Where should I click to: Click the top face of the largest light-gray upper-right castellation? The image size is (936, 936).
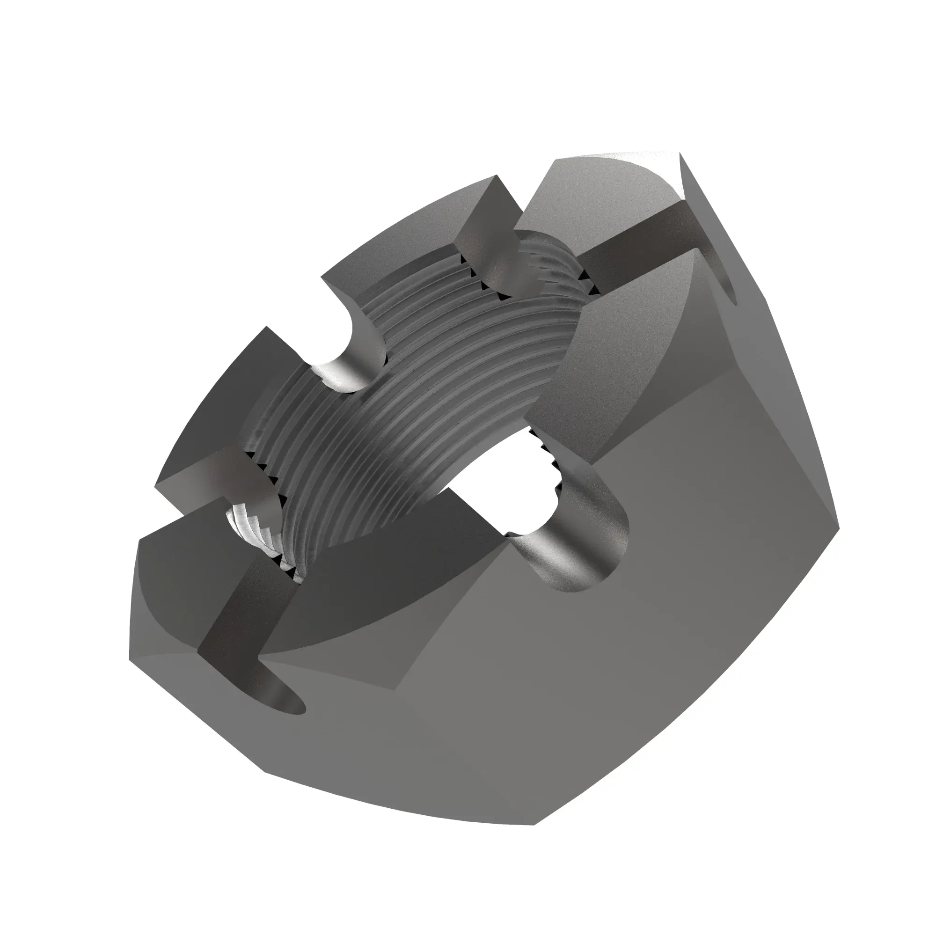[615, 349]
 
